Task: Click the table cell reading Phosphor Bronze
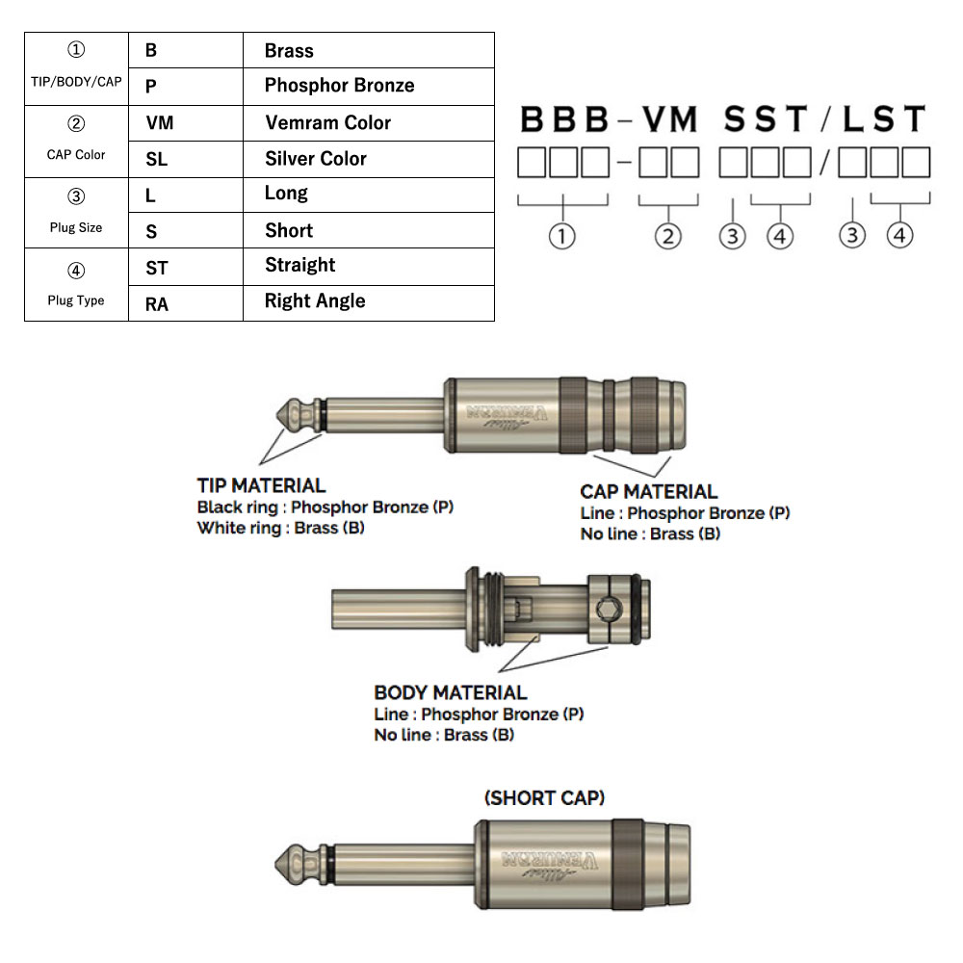(x=339, y=86)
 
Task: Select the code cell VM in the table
(x=160, y=123)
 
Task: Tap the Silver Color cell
(x=315, y=159)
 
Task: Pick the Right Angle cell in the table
(x=315, y=301)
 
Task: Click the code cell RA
(x=157, y=303)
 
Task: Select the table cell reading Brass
(x=289, y=51)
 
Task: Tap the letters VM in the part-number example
(x=669, y=119)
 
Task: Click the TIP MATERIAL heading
(x=261, y=485)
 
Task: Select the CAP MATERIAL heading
(x=649, y=492)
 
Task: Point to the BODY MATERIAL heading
(x=450, y=692)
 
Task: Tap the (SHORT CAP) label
(x=544, y=797)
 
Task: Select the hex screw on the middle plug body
(x=608, y=609)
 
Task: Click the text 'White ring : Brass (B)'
(x=280, y=528)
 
